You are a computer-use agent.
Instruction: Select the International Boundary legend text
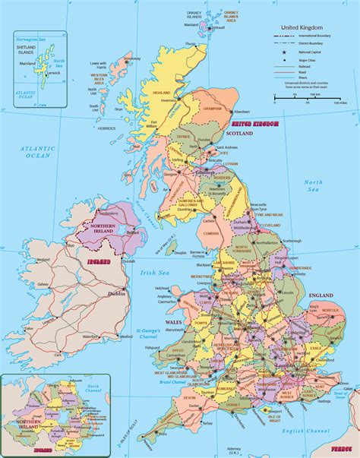click(314, 35)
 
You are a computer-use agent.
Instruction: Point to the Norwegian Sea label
click(27, 39)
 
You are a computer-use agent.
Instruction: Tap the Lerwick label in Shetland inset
click(52, 74)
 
